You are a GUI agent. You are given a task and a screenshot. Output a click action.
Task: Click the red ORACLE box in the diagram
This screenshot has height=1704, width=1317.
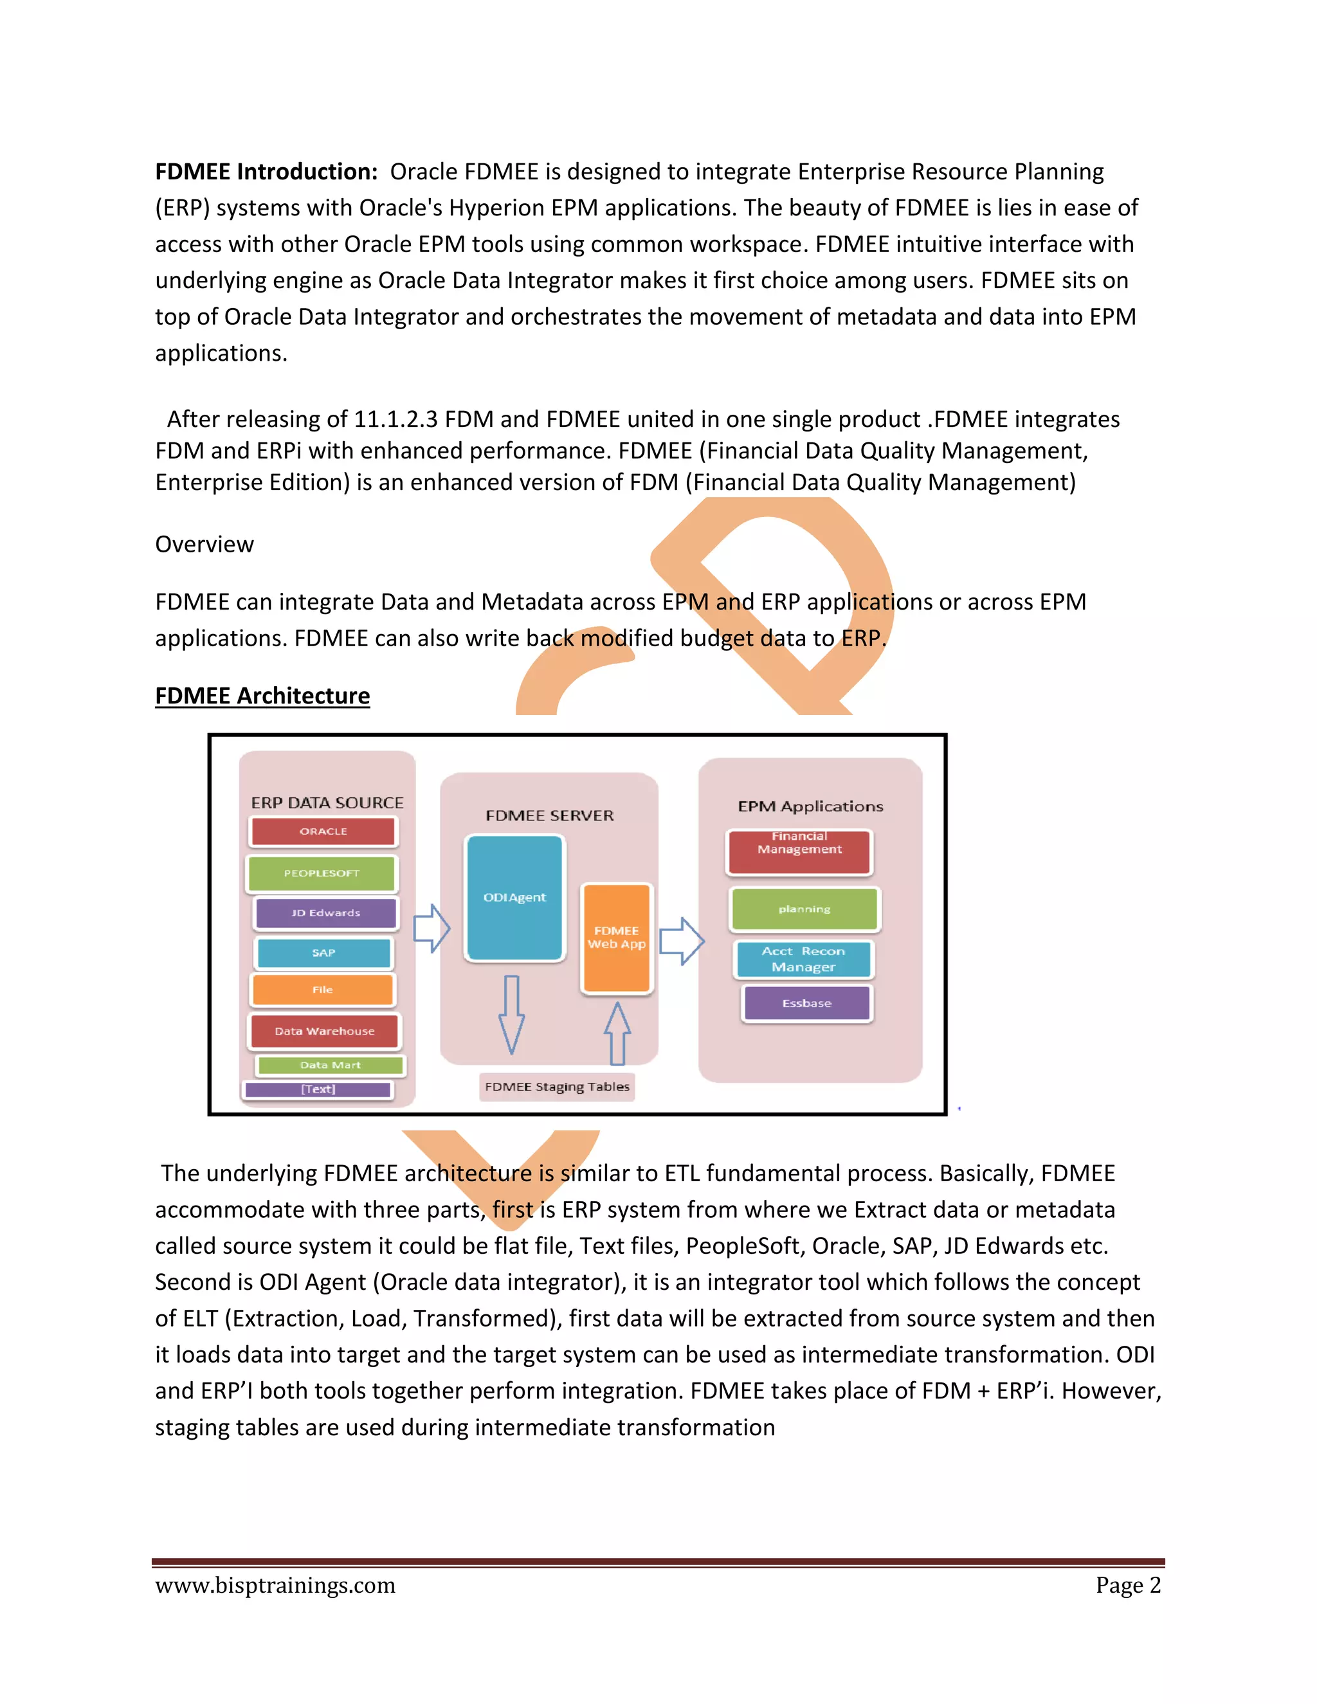(x=323, y=831)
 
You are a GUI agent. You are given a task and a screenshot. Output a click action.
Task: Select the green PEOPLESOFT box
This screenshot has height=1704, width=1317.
(x=322, y=874)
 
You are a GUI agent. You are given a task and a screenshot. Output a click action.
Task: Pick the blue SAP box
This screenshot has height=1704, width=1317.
(x=324, y=953)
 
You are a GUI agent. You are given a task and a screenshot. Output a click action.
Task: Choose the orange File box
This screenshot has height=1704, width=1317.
(x=323, y=990)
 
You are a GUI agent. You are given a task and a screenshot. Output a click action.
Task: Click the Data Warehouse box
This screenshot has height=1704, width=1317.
(x=324, y=1031)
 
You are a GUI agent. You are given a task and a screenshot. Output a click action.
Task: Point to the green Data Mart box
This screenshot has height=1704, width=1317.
(x=330, y=1065)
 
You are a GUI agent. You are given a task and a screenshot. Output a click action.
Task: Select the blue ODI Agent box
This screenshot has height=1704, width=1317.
(x=514, y=897)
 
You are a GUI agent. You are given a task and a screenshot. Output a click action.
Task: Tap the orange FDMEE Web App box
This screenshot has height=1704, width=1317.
(x=616, y=937)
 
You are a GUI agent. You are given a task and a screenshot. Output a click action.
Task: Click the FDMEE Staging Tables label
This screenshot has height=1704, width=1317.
(x=557, y=1087)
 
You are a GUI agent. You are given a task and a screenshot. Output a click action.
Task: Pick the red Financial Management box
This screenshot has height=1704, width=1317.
(x=800, y=851)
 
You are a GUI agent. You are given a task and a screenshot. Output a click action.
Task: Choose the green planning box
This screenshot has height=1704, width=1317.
(x=804, y=909)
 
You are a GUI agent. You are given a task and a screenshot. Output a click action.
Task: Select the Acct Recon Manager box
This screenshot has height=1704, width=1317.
(x=804, y=959)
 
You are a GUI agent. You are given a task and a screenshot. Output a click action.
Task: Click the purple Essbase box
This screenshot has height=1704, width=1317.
(x=807, y=1003)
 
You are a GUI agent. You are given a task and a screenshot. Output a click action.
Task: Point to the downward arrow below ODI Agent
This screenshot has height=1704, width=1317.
(x=512, y=1014)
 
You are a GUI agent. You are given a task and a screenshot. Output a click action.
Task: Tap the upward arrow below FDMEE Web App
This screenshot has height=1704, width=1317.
(x=617, y=1034)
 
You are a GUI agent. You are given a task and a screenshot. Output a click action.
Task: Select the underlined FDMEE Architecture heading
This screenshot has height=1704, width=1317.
(x=262, y=695)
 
